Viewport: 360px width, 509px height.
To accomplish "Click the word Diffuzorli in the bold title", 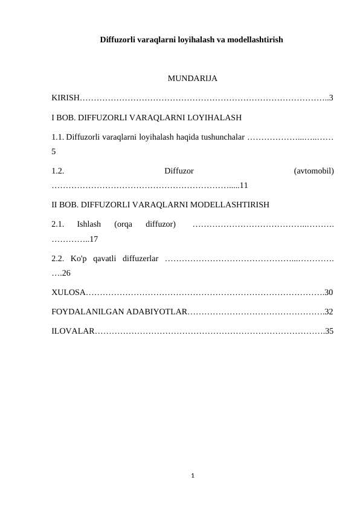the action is coord(119,40).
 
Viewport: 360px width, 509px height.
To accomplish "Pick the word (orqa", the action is coord(123,224).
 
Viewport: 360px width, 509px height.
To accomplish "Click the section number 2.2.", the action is coord(58,259).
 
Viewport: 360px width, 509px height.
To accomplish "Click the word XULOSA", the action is coord(68,293).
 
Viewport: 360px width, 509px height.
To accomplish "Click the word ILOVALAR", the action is coord(72,331).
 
